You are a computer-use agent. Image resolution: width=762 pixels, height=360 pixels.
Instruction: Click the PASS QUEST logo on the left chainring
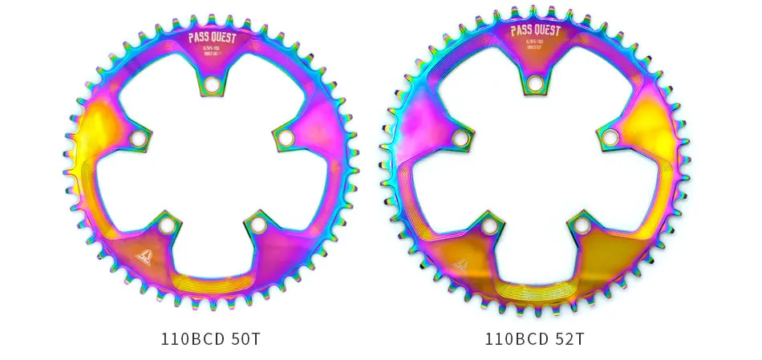point(211,36)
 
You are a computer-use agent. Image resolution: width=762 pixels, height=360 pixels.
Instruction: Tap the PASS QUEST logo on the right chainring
point(536,31)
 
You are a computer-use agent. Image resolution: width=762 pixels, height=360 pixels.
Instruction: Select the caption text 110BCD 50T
point(211,338)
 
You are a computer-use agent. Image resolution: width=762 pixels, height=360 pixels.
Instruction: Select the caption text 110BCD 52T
point(535,338)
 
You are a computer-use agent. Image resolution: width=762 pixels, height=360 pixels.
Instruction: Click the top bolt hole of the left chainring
point(212,84)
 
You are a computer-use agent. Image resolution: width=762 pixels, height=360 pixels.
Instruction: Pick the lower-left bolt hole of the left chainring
point(166,225)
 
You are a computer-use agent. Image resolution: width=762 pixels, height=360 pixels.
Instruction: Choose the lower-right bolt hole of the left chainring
point(258,225)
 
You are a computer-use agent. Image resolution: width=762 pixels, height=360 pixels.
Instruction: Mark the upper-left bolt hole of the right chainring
point(460,138)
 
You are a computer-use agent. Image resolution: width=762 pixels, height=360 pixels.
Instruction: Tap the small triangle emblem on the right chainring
point(460,264)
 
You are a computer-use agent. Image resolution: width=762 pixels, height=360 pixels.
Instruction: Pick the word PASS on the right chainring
point(521,31)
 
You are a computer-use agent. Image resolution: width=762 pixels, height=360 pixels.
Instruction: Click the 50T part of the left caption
point(245,338)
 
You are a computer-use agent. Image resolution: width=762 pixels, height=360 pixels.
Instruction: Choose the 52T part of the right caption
point(569,338)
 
